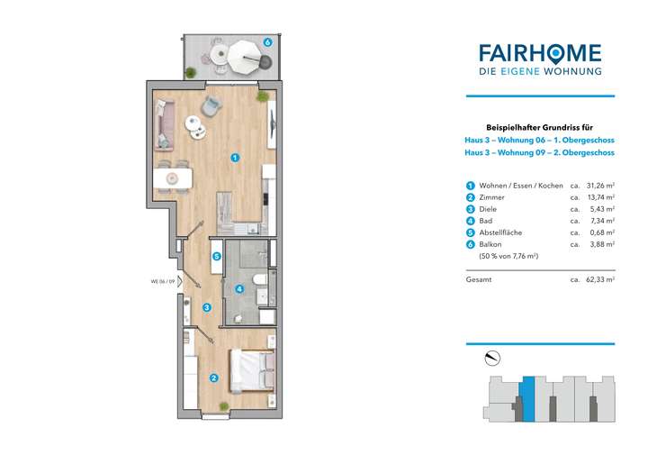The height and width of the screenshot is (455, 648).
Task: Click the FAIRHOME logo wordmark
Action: point(541,51)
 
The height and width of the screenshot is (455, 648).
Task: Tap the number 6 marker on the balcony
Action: point(268,42)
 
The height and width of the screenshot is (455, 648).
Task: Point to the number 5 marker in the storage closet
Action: point(217,256)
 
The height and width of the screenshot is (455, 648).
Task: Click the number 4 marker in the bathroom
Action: point(238,289)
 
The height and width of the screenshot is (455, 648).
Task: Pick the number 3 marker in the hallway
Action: point(207,308)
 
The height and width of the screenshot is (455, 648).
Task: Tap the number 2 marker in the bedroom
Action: point(213,378)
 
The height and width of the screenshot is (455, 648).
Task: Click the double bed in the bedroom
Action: point(252,370)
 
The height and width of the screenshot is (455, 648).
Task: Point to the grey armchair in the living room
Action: point(211,105)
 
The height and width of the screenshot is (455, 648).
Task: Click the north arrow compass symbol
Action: point(491,359)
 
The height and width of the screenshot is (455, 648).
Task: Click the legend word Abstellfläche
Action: point(501,232)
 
